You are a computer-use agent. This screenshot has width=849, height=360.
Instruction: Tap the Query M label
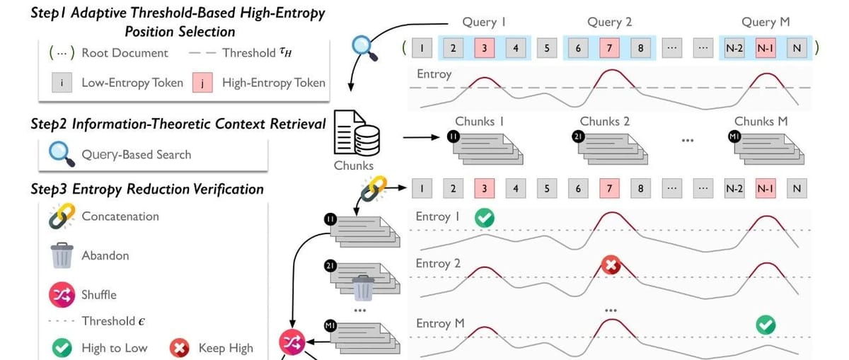[x=766, y=22]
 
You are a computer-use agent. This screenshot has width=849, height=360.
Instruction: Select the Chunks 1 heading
[x=479, y=122]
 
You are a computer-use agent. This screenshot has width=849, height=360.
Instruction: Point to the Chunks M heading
[x=761, y=122]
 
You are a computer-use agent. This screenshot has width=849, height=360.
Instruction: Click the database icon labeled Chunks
[x=353, y=133]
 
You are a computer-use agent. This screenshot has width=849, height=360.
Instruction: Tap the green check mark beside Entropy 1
[x=485, y=218]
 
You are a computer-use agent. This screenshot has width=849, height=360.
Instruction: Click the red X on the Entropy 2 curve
[x=611, y=266]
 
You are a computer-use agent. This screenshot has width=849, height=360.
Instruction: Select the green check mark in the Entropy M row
[x=766, y=325]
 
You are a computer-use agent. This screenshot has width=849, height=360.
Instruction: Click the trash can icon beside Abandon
[x=62, y=255]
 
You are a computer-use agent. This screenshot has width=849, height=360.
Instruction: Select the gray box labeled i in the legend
[x=64, y=83]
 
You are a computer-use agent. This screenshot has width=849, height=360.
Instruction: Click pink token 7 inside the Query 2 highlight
[x=609, y=49]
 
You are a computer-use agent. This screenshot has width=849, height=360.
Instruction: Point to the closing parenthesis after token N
[x=816, y=48]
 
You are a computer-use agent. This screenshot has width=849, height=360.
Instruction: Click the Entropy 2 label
[x=438, y=264]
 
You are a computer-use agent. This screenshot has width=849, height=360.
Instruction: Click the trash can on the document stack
[x=363, y=288]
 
